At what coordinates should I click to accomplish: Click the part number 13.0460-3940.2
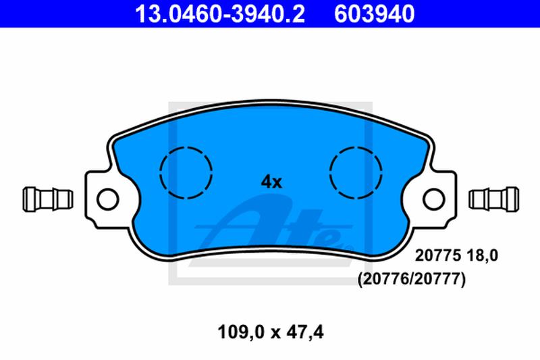220,14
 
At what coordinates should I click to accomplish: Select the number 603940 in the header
374,14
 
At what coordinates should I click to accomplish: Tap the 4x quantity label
271,182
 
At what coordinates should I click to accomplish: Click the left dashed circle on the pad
186,173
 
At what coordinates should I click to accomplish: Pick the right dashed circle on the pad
356,173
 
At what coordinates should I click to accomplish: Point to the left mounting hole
108,199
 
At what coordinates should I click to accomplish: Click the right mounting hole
434,199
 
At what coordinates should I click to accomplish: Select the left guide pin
48,199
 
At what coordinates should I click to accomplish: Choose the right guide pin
494,199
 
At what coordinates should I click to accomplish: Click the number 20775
437,255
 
